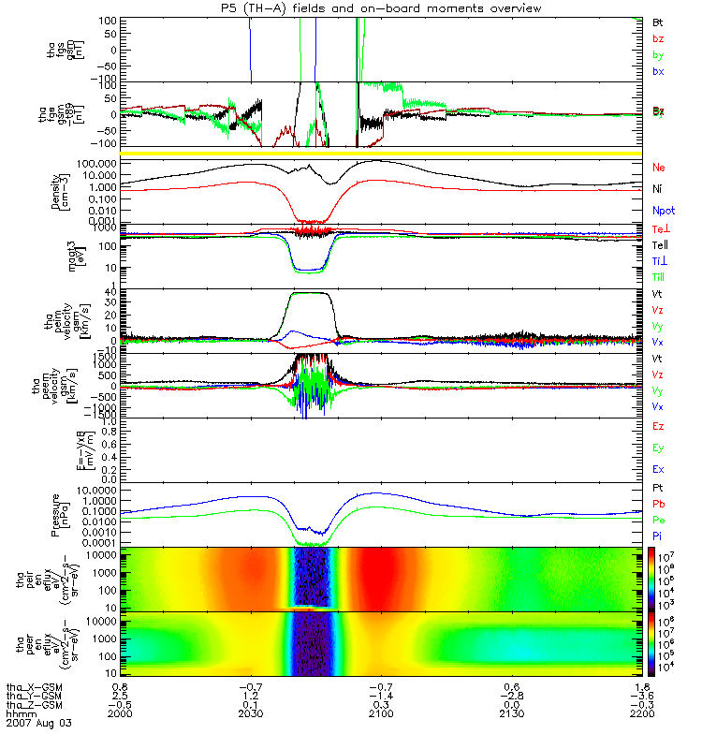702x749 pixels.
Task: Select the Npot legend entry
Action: click(x=664, y=210)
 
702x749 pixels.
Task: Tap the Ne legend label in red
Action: click(x=660, y=167)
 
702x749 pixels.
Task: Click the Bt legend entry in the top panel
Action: click(x=659, y=21)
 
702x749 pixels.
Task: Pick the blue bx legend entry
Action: click(x=659, y=71)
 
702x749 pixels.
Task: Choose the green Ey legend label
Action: click(x=659, y=448)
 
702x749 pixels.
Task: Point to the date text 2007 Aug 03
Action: click(x=38, y=724)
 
